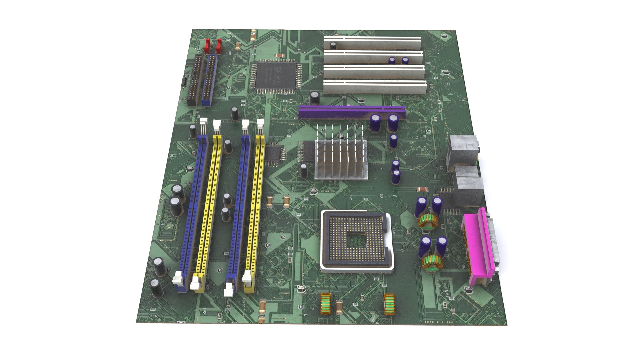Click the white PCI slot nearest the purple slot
click(x=375, y=87)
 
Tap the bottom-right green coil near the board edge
click(x=389, y=304)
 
